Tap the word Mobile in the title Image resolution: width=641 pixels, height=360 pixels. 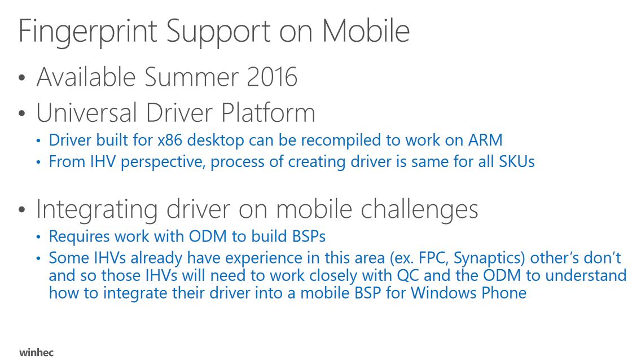(366, 30)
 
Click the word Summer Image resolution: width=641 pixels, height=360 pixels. (191, 77)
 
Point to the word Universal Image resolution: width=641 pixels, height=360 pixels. (87, 112)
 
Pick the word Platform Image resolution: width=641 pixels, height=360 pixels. (268, 113)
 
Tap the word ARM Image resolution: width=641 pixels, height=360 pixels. (485, 140)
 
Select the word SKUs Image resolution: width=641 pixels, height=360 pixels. (517, 162)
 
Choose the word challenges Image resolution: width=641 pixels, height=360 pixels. (419, 210)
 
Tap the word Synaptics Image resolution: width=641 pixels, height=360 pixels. (489, 259)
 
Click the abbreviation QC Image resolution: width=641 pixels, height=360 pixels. (408, 276)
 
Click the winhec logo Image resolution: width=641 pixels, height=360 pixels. (36, 352)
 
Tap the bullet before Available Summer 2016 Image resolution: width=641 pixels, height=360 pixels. (22, 78)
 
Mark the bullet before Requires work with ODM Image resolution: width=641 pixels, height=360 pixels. (38, 238)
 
